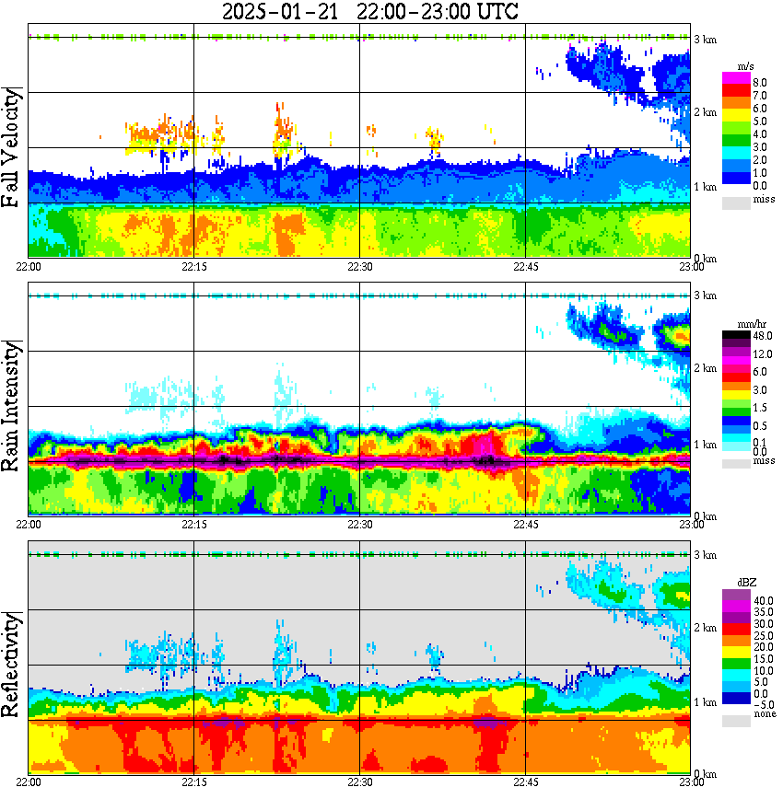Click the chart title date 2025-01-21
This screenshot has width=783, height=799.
tap(276, 12)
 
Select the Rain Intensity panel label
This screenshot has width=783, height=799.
tap(13, 406)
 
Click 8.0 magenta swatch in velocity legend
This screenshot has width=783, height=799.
tap(736, 81)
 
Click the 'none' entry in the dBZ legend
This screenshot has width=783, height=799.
tap(736, 722)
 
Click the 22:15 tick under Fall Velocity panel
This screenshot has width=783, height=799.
tap(193, 266)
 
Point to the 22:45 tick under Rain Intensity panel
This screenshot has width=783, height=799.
tap(525, 524)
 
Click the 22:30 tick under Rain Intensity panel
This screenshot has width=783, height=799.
tap(359, 524)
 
